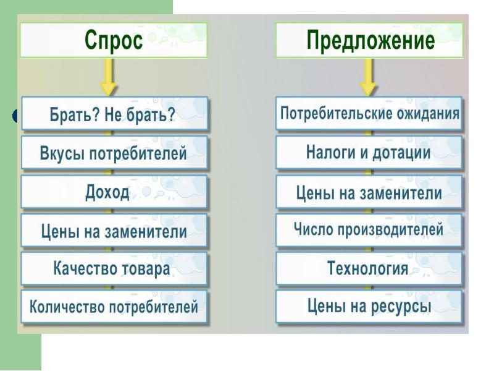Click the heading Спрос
point(114,40)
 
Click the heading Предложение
point(369,40)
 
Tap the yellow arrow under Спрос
point(108,77)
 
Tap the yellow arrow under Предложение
point(368,77)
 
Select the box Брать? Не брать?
point(115,114)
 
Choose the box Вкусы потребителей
point(114,153)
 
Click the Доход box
point(114,192)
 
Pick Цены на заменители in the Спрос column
point(114,231)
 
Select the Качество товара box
point(114,269)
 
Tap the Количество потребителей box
point(114,307)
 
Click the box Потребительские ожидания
point(369,114)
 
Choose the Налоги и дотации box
point(369,153)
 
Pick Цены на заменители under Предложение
point(369,192)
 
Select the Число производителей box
point(369,230)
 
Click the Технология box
point(369,269)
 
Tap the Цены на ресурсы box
point(369,307)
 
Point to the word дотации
point(401,153)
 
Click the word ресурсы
point(401,307)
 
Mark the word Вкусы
point(62,153)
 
